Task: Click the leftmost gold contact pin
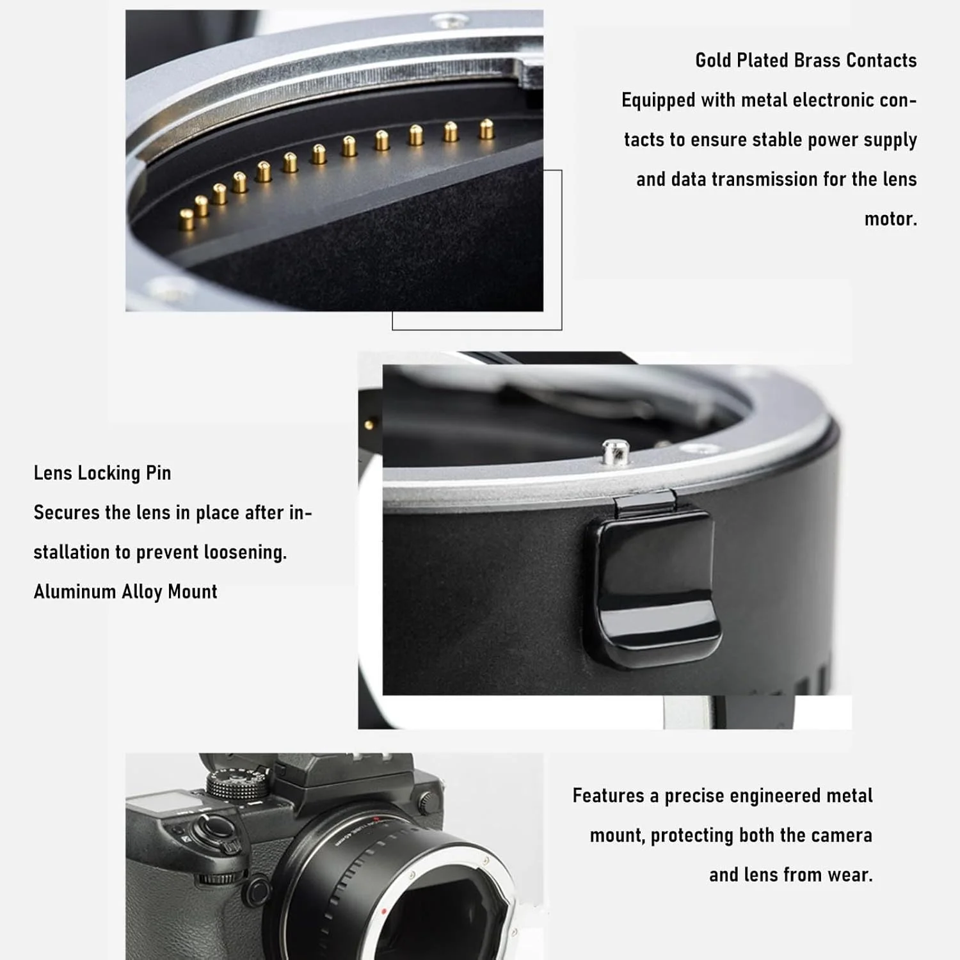[x=186, y=219]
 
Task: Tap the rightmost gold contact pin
[x=487, y=129]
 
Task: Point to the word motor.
[x=891, y=219]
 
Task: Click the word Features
[x=609, y=796]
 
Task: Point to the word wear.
[x=850, y=875]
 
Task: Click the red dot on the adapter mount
[x=383, y=911]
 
